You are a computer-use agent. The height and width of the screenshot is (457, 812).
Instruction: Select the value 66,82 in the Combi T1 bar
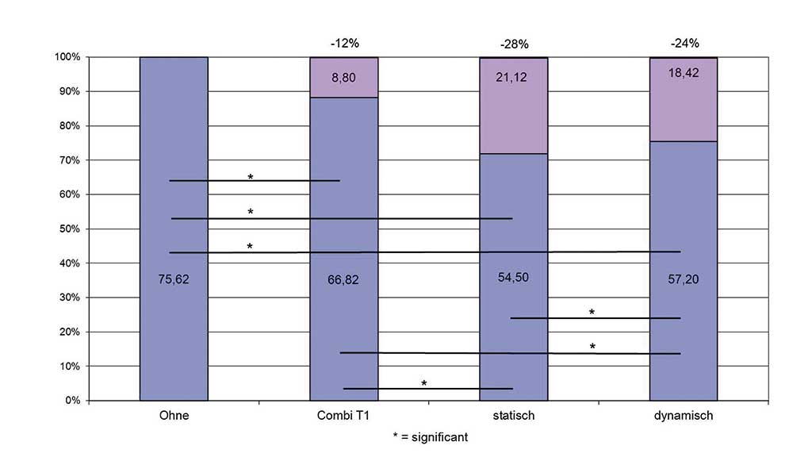pos(343,278)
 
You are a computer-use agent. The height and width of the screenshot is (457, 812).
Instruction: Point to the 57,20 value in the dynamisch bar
pos(683,279)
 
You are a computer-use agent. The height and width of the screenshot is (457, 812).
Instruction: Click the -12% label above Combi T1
pos(343,43)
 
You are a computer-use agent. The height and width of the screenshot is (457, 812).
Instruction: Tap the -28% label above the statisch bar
pos(514,44)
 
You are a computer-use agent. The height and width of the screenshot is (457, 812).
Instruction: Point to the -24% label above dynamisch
pos(684,43)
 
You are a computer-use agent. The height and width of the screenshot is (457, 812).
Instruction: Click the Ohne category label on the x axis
pos(174,416)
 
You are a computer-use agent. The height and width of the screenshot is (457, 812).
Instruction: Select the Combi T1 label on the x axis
pos(343,416)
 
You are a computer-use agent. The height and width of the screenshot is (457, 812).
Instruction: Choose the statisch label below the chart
pos(514,416)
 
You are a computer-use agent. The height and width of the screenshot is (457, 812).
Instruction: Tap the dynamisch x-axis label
pos(684,416)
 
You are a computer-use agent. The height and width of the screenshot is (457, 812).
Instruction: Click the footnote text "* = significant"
pos(429,437)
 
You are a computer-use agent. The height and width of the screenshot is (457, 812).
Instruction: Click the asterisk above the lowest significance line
pos(424,383)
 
